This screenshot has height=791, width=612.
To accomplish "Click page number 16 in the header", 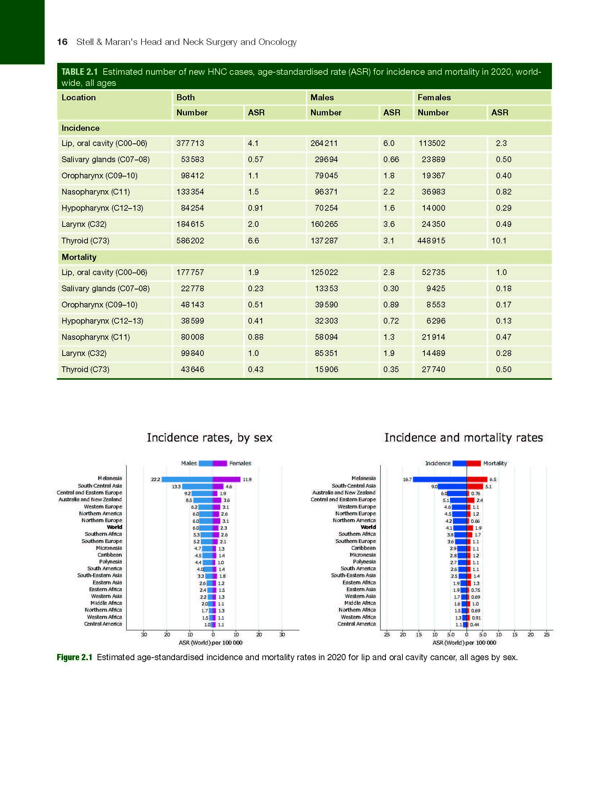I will coord(62,42).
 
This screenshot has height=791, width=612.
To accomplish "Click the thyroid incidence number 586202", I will coord(190,241).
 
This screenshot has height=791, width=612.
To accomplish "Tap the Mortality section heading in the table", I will coord(79,257).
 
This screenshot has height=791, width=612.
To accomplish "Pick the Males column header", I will coord(322,97).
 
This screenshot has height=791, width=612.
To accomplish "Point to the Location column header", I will coord(79,97).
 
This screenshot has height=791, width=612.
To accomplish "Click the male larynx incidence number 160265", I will coord(324,225).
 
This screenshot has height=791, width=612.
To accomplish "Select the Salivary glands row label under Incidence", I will coord(105,160).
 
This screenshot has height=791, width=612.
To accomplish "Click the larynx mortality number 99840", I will coord(192,353).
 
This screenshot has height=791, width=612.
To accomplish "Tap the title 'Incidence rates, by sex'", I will coord(209,438).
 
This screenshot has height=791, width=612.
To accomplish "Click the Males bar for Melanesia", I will coord(187,480).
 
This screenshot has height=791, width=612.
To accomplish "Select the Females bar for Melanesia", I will coord(226,480).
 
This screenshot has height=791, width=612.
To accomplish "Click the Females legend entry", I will coord(240,463).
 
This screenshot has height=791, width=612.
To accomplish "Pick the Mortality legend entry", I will coord(495,463).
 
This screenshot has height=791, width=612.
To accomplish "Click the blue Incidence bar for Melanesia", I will coord(440,480).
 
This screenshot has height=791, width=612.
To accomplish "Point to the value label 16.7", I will coord(407,480).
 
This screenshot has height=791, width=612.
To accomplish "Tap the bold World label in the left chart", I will coord(114,527).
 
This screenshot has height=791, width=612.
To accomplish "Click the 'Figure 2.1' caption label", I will coord(74,657).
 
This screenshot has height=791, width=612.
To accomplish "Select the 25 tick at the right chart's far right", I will coord(546,635).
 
